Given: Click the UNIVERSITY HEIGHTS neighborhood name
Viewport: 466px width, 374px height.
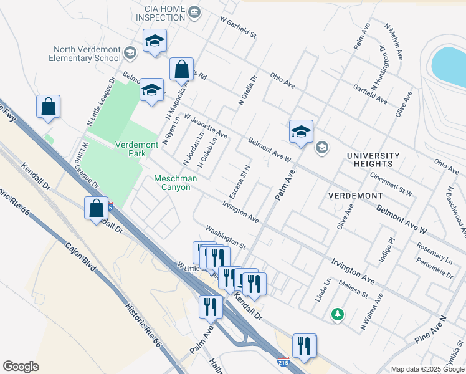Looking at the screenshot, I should (373, 160).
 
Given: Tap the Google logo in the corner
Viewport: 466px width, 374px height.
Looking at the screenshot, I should (21, 367).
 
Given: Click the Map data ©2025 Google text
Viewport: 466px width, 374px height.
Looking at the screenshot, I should (427, 369).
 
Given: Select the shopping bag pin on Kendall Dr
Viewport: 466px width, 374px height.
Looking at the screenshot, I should (97, 208).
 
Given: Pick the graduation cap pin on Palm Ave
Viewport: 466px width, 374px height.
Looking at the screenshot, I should (300, 132).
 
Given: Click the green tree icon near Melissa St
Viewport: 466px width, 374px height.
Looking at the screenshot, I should (337, 314).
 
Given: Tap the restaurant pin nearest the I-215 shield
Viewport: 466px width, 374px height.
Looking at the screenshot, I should (304, 346).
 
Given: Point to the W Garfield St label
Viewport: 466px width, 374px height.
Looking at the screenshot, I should (238, 28).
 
